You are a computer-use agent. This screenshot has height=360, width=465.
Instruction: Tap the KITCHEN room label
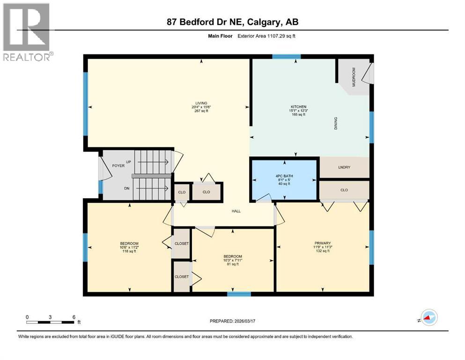coord(298,107)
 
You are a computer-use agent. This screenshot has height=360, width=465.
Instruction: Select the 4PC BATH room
coord(284,180)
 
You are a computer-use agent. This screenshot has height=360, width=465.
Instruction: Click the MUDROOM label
coord(354,76)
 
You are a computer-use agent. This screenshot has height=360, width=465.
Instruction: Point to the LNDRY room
coord(344,167)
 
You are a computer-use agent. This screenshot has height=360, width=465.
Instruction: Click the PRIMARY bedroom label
coord(323,243)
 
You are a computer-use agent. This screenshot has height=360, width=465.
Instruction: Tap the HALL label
coord(236,211)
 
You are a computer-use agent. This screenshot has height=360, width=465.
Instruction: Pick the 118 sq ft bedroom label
coord(129,243)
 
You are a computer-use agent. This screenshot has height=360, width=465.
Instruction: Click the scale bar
coord(51,322)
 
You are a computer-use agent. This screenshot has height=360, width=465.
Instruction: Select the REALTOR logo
coord(27,32)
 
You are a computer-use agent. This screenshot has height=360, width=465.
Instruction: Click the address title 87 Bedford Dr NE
coord(232,22)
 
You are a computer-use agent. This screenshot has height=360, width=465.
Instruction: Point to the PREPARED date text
coord(233,321)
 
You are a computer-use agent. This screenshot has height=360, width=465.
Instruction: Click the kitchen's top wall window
coord(287,57)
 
